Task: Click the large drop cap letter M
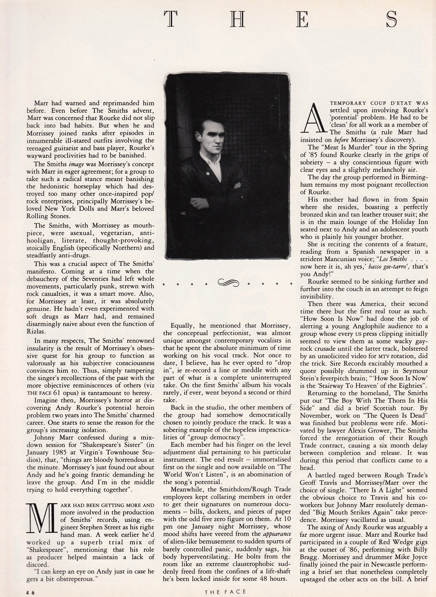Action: pos(40,515)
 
